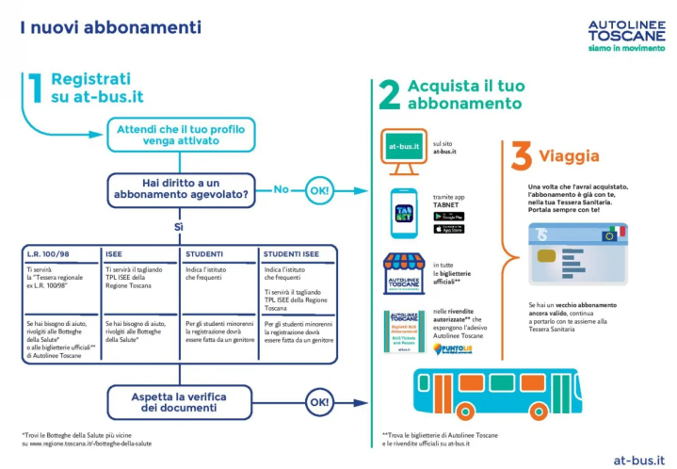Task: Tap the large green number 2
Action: point(389,95)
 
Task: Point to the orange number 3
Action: point(521,156)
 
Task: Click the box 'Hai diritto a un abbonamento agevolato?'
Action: point(182,189)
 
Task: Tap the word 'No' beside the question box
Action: point(281,189)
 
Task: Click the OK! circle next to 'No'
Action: point(319,190)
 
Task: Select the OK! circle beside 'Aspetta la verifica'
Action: point(319,402)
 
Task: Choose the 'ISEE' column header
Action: point(115,254)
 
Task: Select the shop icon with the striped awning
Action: point(403,273)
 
